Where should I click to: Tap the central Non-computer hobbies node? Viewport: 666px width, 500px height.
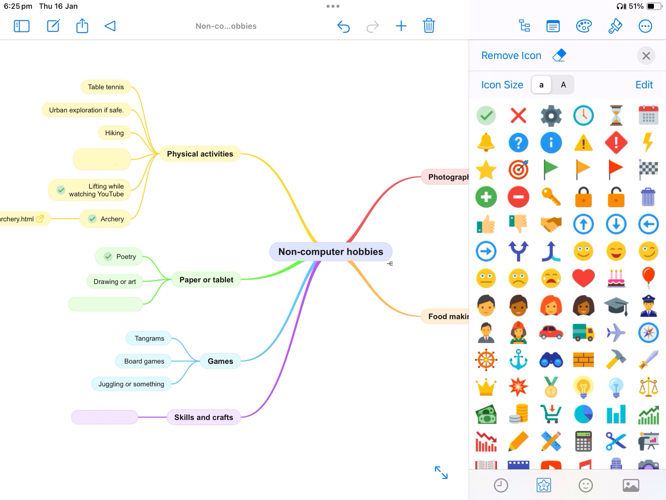tap(330, 252)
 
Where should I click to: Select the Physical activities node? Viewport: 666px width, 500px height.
tap(200, 154)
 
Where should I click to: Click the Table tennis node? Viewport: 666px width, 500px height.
tap(105, 87)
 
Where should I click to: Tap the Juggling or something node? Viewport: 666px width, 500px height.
tap(131, 384)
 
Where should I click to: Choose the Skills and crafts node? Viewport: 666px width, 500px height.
tap(203, 417)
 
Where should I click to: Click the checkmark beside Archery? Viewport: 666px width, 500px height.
tap(92, 219)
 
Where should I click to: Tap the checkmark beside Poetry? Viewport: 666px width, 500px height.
tap(108, 257)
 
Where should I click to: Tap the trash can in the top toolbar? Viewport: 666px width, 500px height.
tap(429, 26)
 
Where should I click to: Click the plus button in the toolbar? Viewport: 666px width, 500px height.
tap(401, 26)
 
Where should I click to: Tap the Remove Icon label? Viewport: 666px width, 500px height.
tap(511, 56)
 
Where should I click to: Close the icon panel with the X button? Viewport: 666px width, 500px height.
tap(646, 56)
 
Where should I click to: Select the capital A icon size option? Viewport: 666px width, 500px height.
tap(563, 85)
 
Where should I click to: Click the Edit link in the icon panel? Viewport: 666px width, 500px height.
tap(644, 85)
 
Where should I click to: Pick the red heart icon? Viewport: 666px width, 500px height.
tap(583, 278)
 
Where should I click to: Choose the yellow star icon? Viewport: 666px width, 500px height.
tap(486, 170)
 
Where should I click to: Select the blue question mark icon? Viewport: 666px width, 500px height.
tap(518, 143)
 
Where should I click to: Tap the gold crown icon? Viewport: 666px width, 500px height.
tap(486, 387)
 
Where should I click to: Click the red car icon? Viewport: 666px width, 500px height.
tap(551, 333)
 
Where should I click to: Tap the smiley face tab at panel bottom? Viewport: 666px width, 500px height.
tap(586, 485)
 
